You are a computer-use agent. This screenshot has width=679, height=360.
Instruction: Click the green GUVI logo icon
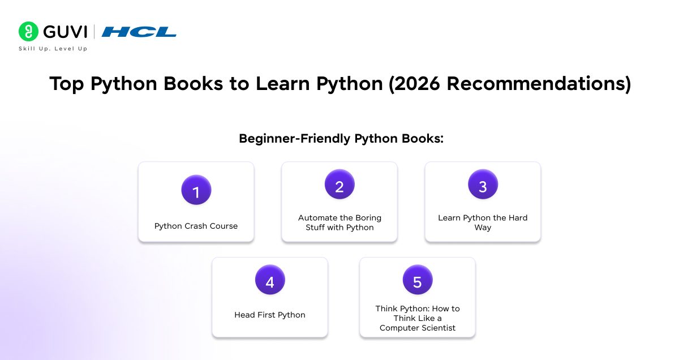pyautogui.click(x=28, y=31)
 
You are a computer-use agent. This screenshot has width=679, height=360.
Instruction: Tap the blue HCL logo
pyautogui.click(x=139, y=32)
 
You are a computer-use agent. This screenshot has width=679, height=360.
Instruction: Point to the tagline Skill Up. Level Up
pyautogui.click(x=53, y=49)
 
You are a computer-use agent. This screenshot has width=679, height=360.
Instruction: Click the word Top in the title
pyautogui.click(x=68, y=84)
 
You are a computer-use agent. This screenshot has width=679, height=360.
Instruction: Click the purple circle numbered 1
pyautogui.click(x=196, y=190)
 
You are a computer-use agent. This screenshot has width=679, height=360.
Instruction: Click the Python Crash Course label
pyautogui.click(x=196, y=226)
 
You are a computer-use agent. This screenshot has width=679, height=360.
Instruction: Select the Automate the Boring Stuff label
pyautogui.click(x=339, y=222)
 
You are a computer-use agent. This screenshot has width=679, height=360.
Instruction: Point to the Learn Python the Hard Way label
pyautogui.click(x=483, y=222)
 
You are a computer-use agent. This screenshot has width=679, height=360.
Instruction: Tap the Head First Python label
pyautogui.click(x=270, y=315)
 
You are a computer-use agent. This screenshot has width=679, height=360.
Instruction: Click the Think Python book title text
pyautogui.click(x=418, y=318)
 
